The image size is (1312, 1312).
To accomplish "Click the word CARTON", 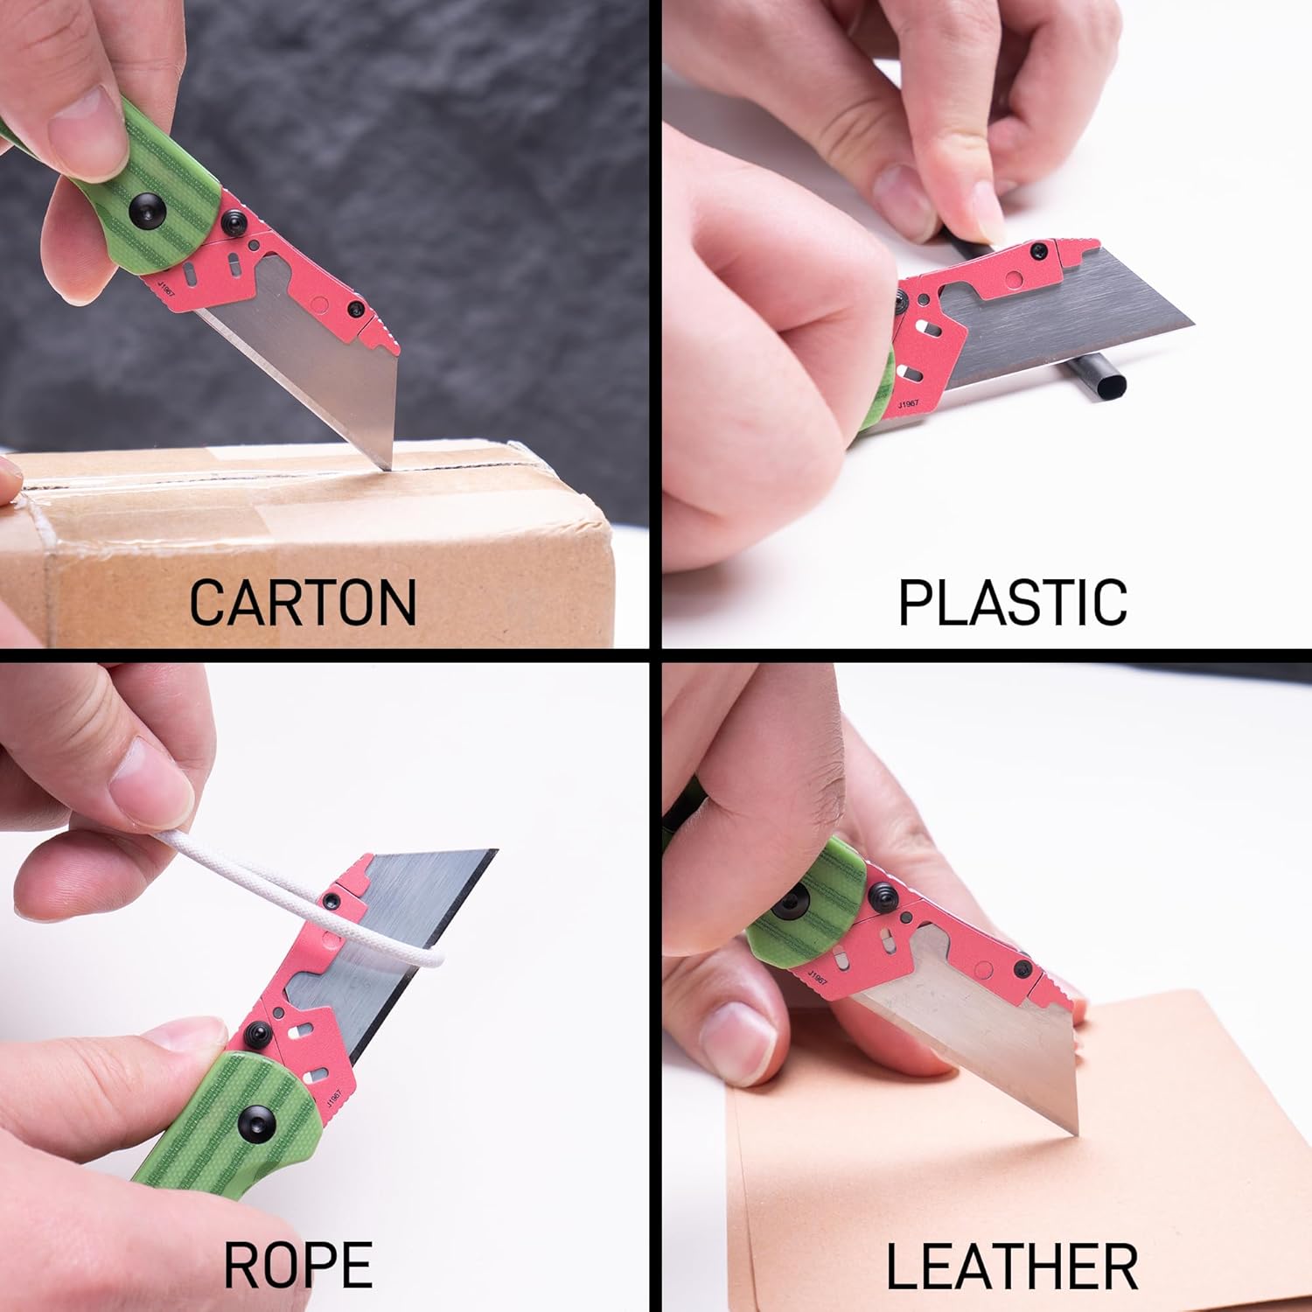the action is pos(303,602).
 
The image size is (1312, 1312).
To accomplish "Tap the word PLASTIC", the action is pos(1013,602).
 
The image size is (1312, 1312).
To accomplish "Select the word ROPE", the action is pos(298,1264).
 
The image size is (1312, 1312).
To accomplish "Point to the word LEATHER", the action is pos(1012,1265).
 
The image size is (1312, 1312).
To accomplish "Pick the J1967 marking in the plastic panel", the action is pos(908,405).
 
